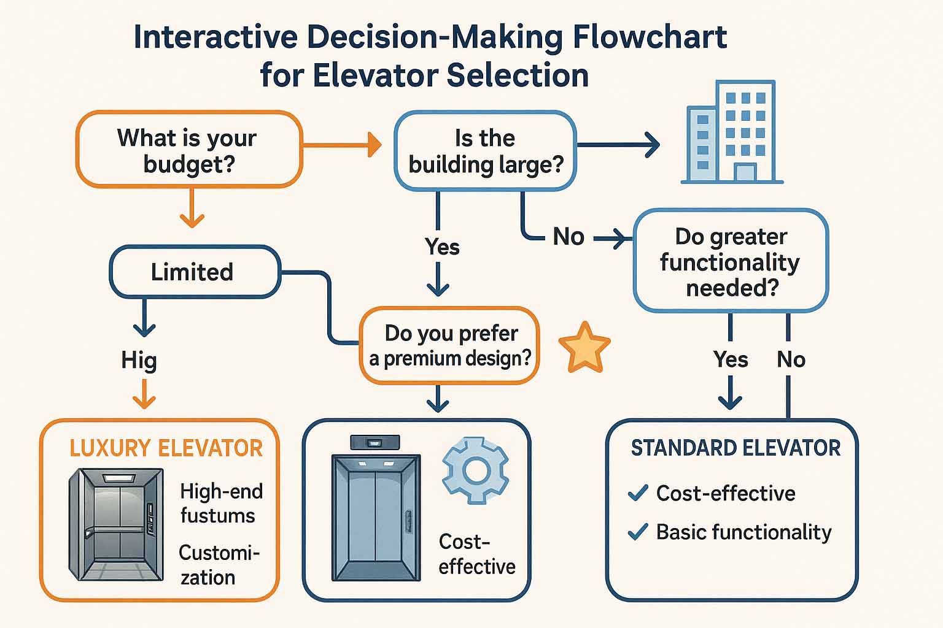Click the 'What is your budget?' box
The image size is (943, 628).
coord(188,150)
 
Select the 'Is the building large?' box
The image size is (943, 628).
coord(485,151)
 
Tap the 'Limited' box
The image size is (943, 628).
coord(193,272)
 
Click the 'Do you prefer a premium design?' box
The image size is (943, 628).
coord(449,345)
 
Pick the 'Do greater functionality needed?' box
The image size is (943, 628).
coord(731,261)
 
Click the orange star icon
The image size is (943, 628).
coord(584,348)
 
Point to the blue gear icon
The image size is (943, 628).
coord(475,470)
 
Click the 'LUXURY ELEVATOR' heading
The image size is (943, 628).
coord(166,448)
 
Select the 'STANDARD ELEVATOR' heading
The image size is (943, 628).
coord(735,448)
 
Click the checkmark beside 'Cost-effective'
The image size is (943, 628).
coord(638,492)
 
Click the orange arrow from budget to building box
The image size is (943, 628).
coord(342,145)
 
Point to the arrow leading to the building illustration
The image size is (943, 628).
coord(619,145)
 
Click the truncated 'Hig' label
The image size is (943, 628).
coord(139,360)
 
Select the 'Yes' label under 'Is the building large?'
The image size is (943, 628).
coord(442,247)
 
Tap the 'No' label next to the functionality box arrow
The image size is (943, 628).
coord(569,237)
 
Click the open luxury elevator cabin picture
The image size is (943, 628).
coord(117,524)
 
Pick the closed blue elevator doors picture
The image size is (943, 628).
coord(376,517)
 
